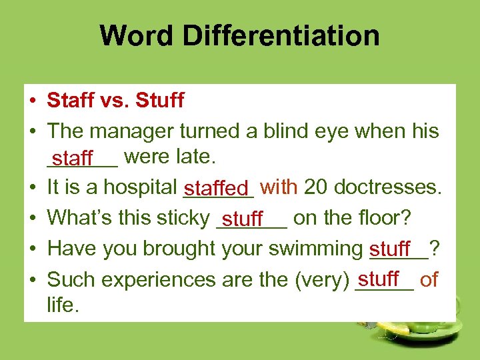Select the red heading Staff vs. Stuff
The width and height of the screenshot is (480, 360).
tap(115, 101)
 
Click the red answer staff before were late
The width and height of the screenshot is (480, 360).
tap(73, 159)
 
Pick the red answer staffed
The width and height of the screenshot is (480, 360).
tap(218, 189)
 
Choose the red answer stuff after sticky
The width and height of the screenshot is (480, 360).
tap(243, 219)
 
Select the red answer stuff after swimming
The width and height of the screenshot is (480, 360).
tap(390, 249)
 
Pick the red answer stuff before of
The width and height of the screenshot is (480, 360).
tap(379, 277)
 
